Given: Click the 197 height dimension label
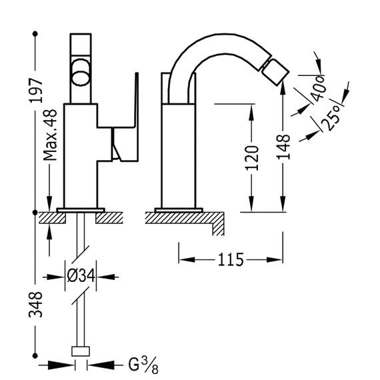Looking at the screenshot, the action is (36, 91).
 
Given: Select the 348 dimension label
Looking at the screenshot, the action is (35, 305).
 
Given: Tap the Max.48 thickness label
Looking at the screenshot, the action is (50, 135).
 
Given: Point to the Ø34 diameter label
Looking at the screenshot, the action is (81, 276).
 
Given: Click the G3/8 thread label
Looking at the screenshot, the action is (143, 365).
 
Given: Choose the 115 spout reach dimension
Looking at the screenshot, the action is (231, 260).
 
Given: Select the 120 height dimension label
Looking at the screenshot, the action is (252, 158).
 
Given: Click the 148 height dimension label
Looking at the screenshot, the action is (283, 147).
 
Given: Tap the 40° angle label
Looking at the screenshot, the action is (319, 88).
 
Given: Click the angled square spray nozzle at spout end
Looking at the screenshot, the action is (275, 73).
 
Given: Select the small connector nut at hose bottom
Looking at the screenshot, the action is (81, 351).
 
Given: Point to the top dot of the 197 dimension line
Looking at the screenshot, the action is (35, 34).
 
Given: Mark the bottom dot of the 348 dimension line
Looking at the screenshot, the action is (35, 356).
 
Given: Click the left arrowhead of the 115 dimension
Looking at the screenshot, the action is (187, 260).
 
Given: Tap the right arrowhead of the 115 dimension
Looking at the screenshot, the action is (275, 260).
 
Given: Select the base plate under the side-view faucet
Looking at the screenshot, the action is (179, 210).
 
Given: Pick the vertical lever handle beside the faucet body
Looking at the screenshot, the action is (137, 117).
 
